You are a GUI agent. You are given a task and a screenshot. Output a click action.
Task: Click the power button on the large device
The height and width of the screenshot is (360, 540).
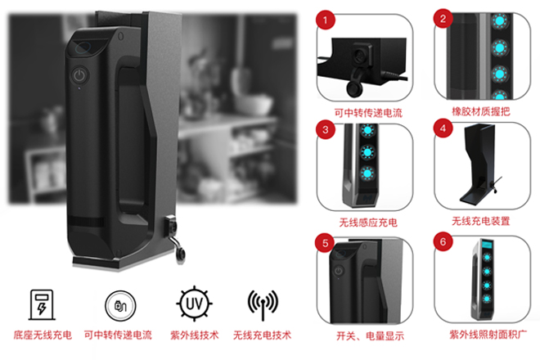pos(79,75)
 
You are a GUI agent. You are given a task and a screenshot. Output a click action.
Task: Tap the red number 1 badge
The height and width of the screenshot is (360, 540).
pos(326,20)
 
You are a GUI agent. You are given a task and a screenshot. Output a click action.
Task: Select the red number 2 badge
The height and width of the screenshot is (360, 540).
pos(443,19)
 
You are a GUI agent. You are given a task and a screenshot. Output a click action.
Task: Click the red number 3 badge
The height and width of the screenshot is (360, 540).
pos(326,130)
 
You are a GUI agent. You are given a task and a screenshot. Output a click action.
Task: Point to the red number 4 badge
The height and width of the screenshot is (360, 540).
pos(443,128)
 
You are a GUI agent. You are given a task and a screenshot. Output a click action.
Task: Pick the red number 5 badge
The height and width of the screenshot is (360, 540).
pos(325,243)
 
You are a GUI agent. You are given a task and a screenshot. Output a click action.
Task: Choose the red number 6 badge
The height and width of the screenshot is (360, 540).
pos(443,242)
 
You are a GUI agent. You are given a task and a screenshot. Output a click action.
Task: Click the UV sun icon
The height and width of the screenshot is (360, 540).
pos(194,304)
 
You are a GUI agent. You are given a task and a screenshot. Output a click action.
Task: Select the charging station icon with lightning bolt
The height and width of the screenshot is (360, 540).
pos(42,305)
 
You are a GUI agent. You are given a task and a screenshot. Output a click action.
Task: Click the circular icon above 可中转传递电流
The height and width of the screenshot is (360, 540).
pos(120,305)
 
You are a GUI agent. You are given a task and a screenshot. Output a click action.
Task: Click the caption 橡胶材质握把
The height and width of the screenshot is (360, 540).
pos(481,111)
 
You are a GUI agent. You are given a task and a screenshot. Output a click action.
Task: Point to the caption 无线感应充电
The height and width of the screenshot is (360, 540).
pos(368,223)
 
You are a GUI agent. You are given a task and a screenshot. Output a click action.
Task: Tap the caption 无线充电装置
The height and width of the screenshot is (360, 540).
pos(481,221)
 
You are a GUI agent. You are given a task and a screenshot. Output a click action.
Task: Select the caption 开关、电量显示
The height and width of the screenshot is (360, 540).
pos(370,336)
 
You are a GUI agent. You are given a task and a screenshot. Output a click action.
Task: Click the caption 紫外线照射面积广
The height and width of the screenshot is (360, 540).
pos(488,334)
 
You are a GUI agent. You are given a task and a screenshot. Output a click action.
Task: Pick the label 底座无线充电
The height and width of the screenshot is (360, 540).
pos(43,335)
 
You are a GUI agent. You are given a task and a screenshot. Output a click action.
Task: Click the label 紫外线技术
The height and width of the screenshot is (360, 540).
pos(194,335)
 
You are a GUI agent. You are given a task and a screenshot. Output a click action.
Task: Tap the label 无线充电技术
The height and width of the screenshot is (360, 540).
pos(262,335)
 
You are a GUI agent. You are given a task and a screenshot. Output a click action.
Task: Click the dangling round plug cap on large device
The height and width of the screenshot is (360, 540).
pos(180,255)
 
